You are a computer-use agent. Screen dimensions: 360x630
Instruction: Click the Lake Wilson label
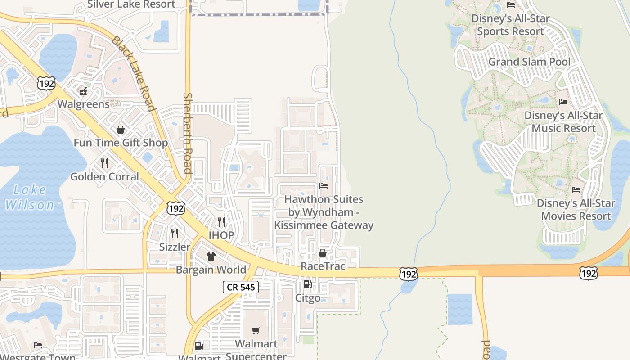[x=30, y=197]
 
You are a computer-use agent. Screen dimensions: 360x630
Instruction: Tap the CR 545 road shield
[x=241, y=287]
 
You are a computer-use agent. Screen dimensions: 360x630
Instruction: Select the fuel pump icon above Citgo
[x=308, y=284]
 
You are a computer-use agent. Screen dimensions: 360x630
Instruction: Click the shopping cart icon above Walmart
[x=256, y=331]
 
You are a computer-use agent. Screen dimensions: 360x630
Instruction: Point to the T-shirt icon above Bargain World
[x=211, y=256]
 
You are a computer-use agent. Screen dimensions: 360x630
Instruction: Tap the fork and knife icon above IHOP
[x=221, y=222]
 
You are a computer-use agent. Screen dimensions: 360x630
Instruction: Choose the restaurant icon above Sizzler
[x=175, y=233]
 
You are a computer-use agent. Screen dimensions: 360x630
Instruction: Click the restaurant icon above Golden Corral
[x=104, y=163]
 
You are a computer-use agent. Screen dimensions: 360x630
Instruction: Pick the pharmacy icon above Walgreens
[x=83, y=91]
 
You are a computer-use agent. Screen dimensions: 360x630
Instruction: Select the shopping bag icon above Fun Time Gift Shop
[x=121, y=130]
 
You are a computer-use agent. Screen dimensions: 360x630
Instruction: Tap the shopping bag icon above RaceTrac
[x=323, y=253]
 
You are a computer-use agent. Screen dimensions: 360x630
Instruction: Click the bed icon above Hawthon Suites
[x=324, y=185]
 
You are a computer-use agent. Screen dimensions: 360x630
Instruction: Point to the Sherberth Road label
[x=188, y=133]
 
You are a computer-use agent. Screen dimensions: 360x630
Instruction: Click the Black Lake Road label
[x=134, y=74]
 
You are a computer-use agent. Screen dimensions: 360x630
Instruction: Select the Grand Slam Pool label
[x=529, y=62]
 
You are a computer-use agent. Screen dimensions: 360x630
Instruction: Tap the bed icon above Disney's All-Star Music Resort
[x=563, y=102]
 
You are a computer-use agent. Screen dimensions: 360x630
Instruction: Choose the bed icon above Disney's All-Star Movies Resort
[x=576, y=189]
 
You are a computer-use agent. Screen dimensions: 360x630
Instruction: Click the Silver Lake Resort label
[x=131, y=4]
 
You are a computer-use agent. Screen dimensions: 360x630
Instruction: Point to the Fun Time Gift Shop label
[x=121, y=143]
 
